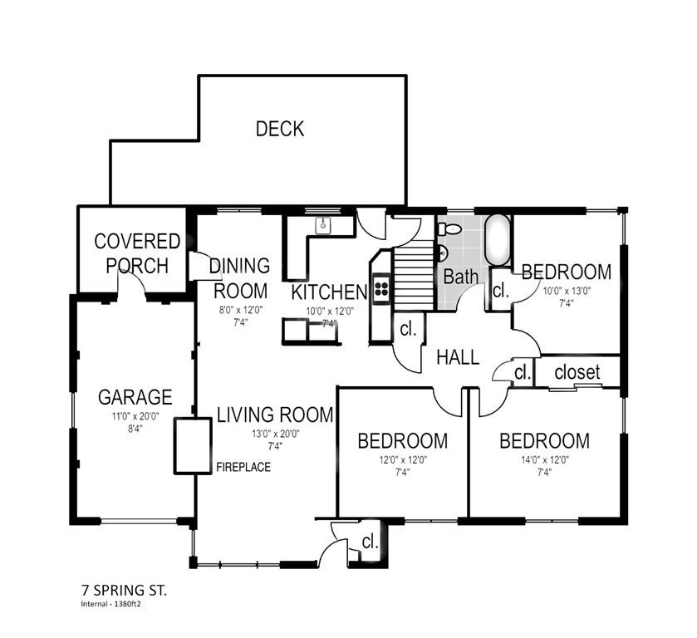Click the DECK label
click(279, 129)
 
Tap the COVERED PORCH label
click(137, 253)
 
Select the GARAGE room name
click(135, 396)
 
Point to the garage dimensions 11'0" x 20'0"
click(135, 416)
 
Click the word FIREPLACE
click(243, 468)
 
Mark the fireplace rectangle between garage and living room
click(192, 446)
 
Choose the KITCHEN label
click(329, 292)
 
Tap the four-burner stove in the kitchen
click(382, 288)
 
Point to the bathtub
click(498, 241)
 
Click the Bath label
click(460, 276)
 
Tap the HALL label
click(458, 357)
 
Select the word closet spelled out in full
click(577, 371)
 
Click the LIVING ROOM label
click(275, 414)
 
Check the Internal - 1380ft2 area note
click(109, 605)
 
